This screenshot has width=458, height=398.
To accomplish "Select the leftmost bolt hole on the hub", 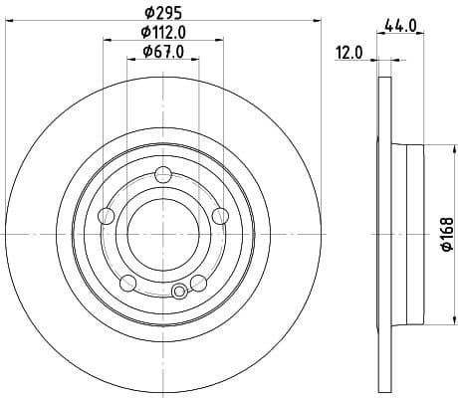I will [108, 216].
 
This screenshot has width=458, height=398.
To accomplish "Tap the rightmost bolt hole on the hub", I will [220, 215].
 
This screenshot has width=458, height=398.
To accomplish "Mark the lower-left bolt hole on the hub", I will [127, 283].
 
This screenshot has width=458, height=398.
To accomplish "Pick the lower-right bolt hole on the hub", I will [199, 283].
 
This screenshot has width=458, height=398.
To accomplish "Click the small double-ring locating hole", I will [179, 292].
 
